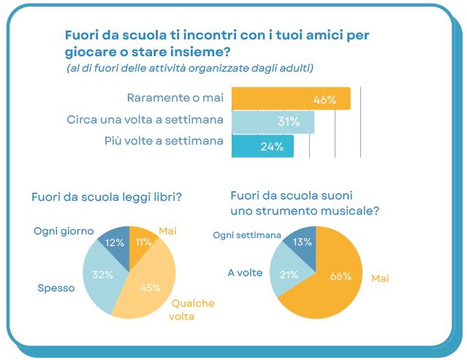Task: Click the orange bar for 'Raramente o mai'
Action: pos(290,99)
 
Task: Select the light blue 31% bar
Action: pos(272,122)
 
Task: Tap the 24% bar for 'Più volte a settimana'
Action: pos(262,146)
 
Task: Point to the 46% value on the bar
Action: pos(324,99)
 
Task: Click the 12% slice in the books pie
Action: pos(115,242)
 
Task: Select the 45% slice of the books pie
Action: pos(150,286)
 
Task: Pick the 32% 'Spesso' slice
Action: pos(102,276)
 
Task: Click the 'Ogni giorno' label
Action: pos(64,231)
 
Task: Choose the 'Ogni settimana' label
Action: pos(247,234)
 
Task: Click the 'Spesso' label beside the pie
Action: pos(56,288)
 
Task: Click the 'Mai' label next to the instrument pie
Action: pos(380,278)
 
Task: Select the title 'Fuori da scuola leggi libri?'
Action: pos(106,197)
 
